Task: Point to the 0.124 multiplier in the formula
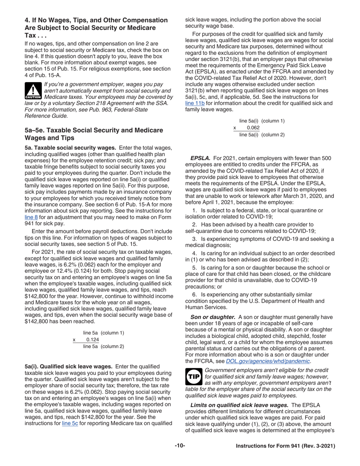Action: click(92, 339)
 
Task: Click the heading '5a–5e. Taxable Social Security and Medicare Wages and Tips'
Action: click(94, 134)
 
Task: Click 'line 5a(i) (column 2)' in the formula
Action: click(261, 134)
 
